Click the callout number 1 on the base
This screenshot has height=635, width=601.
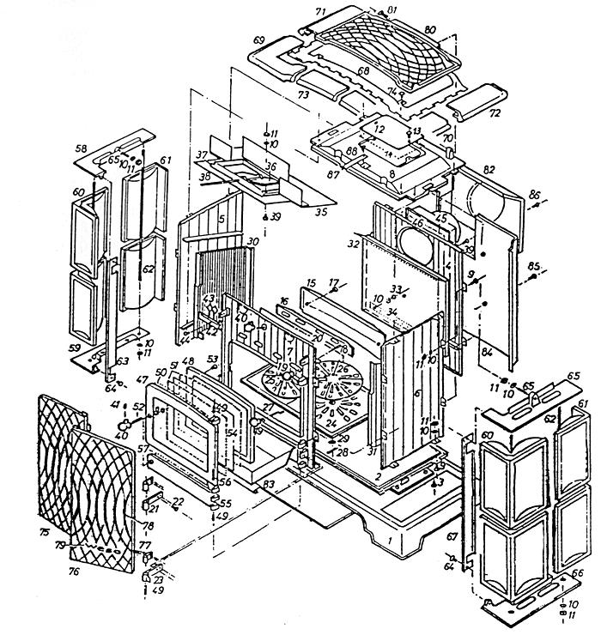[389, 541]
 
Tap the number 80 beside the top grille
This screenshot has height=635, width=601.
[430, 30]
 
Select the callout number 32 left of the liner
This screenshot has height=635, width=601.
[352, 245]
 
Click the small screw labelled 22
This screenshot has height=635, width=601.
[178, 501]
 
